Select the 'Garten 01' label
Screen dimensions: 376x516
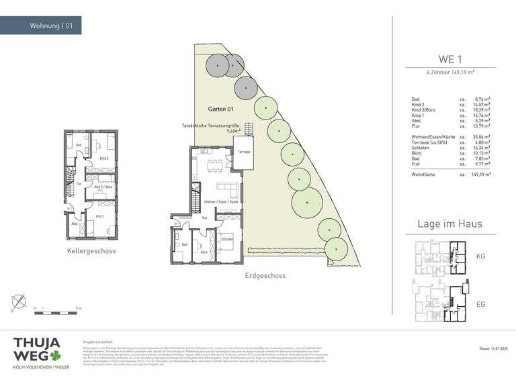click(220, 109)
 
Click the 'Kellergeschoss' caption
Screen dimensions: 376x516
click(91, 251)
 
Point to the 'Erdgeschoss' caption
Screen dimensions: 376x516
click(265, 275)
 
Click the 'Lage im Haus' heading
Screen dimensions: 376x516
click(450, 224)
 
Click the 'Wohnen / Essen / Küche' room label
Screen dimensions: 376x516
click(222, 201)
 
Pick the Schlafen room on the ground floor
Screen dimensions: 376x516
click(226, 239)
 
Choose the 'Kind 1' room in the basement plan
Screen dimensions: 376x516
click(99, 216)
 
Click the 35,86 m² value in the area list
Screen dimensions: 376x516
click(482, 137)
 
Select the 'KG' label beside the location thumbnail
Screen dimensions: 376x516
click(480, 256)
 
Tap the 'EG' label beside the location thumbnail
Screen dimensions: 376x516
click(480, 304)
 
